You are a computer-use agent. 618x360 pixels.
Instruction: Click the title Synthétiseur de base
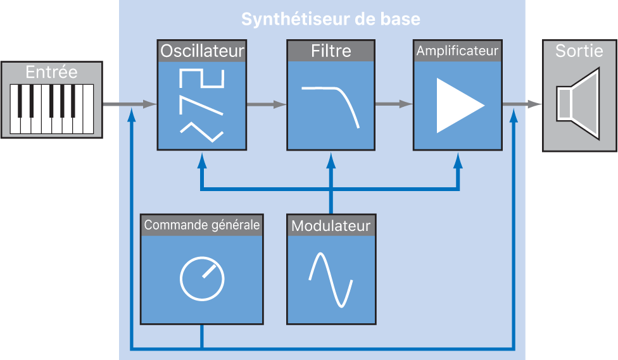(330, 19)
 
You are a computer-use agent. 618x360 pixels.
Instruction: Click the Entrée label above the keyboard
(51, 72)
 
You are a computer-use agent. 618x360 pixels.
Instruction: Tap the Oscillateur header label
(202, 51)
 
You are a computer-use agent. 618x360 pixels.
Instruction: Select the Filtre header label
(331, 51)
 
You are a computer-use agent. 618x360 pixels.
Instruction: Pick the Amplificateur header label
(457, 51)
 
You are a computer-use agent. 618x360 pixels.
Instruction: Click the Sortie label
(579, 51)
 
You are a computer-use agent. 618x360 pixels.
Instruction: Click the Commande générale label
(202, 225)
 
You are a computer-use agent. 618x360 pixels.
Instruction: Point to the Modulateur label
(331, 225)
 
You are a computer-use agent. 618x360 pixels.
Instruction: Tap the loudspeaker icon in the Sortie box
(577, 104)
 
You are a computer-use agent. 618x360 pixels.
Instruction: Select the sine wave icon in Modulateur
(330, 279)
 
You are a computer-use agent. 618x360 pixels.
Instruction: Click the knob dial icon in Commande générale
(202, 279)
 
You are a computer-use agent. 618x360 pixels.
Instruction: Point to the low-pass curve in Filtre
(332, 105)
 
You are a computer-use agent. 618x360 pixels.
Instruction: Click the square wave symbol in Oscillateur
(202, 78)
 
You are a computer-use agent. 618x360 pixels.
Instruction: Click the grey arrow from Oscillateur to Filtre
(266, 104)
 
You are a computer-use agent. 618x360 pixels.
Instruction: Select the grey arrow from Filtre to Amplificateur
(394, 104)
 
